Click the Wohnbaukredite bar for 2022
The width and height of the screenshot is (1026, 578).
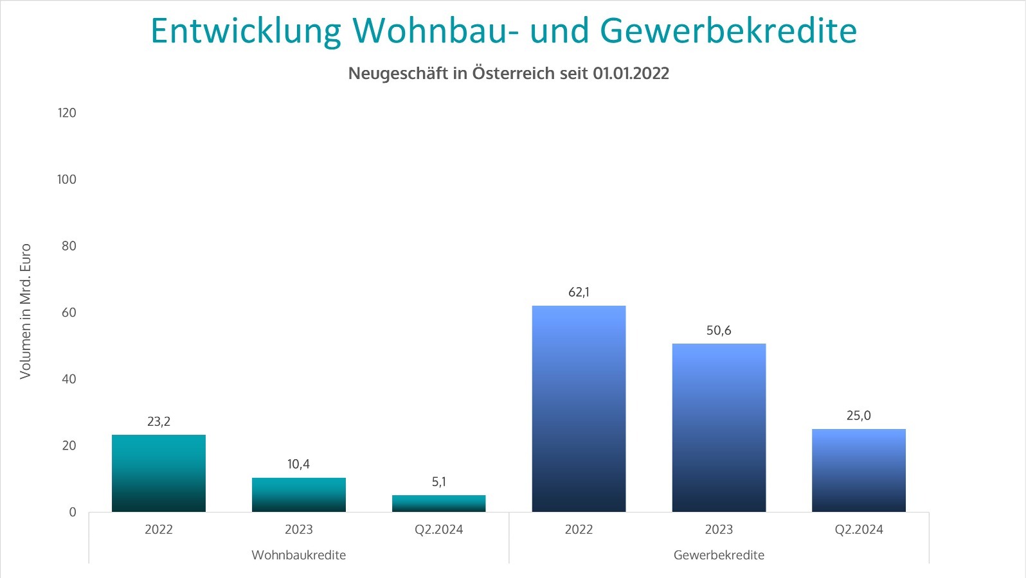coord(159,473)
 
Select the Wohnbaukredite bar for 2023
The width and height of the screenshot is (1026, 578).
coord(299,495)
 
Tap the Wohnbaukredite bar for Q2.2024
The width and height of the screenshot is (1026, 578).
coord(439,504)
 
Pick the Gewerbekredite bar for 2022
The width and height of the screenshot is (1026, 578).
coord(579,408)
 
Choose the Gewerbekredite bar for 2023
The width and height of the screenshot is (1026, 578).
coord(719,428)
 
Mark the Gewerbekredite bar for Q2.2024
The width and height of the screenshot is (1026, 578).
coord(859,470)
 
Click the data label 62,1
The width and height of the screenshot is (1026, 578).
coord(579,292)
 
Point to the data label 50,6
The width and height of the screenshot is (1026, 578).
coord(719,331)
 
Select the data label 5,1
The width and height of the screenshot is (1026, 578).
coord(439,482)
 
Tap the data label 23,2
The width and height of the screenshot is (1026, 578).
coord(159,422)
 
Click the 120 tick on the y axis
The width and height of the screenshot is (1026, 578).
coord(67,113)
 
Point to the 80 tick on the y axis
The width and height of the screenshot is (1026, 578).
coord(69,246)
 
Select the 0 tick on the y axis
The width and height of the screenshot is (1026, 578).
coord(73,512)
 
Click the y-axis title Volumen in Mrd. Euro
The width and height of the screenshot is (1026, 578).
coord(26,311)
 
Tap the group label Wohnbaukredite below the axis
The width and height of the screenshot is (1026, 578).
coord(299,555)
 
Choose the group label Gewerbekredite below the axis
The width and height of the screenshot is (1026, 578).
coord(719,555)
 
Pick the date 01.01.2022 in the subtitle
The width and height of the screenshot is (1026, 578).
coord(631,74)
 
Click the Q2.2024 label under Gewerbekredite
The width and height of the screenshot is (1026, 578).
coord(859,530)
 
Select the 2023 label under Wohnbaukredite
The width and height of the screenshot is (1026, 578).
coord(299,530)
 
